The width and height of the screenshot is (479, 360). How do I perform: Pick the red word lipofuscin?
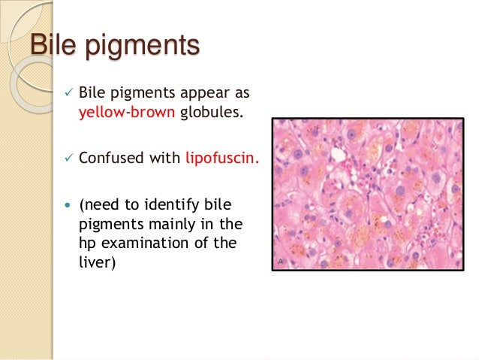(x=221, y=159)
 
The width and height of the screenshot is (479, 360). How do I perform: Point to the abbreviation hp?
(x=87, y=244)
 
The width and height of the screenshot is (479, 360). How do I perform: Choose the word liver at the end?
(x=95, y=265)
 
